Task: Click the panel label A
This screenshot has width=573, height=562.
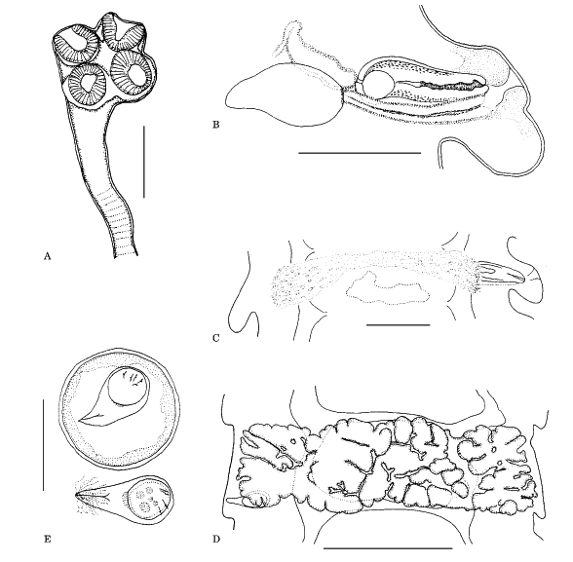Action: click(47, 256)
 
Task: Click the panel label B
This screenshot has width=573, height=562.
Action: click(216, 125)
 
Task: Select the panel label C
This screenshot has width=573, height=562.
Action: click(216, 338)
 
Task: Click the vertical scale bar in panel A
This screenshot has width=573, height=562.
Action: click(144, 162)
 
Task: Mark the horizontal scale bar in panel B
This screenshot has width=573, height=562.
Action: click(360, 153)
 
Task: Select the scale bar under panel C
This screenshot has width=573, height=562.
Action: click(398, 324)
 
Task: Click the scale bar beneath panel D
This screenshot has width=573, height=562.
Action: click(388, 548)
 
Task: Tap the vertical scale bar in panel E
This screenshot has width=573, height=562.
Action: click(43, 445)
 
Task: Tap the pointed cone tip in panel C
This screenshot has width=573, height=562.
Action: click(524, 281)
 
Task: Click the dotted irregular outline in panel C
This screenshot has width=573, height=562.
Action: click(386, 287)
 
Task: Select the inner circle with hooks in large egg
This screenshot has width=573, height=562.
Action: click(129, 387)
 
